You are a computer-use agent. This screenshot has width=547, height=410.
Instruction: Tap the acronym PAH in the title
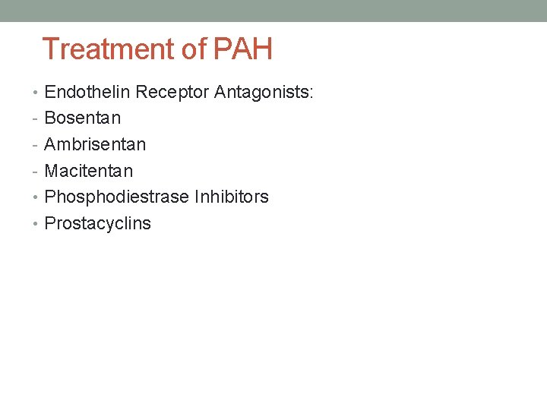[x=243, y=49]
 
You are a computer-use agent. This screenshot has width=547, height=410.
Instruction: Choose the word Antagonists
[x=261, y=92]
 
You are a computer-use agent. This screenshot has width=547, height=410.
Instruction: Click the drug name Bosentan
[x=82, y=118]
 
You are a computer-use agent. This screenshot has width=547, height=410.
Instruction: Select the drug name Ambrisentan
[x=95, y=144]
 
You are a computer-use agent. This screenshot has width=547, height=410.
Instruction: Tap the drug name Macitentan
[x=88, y=171]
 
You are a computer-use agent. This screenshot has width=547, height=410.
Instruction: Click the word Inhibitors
[x=231, y=197]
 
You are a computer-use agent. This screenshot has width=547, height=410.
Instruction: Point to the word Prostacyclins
[x=97, y=223]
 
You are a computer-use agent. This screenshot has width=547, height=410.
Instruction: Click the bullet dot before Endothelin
[x=37, y=93]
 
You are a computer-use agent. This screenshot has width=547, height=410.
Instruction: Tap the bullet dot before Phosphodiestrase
[x=37, y=197]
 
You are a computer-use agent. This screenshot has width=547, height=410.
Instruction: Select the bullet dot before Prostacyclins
[x=37, y=224]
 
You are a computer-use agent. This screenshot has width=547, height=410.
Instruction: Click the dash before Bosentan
[x=36, y=119]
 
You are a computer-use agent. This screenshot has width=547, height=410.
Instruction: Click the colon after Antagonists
[x=311, y=93]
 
